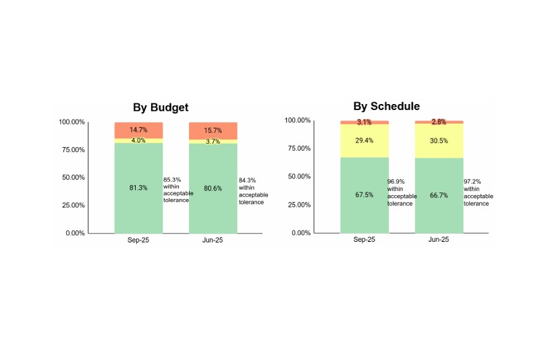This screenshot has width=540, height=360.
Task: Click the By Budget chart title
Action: click(x=160, y=107)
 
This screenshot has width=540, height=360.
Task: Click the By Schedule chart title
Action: click(x=386, y=106)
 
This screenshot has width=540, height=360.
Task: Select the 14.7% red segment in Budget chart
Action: click(x=138, y=130)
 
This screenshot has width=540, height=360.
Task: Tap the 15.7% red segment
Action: click(x=213, y=130)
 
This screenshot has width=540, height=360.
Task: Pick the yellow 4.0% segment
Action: click(x=138, y=140)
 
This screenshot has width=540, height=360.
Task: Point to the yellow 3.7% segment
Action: click(x=213, y=141)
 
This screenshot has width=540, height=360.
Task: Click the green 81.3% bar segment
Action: click(x=138, y=188)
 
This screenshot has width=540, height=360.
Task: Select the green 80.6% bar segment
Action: click(x=213, y=188)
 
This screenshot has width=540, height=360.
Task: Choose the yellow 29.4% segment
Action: click(x=364, y=140)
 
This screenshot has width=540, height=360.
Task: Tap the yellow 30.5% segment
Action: click(x=439, y=140)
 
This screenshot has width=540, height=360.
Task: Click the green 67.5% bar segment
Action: click(x=364, y=195)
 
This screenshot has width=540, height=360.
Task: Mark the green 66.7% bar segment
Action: click(x=439, y=195)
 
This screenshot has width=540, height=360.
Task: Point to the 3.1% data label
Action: click(x=364, y=122)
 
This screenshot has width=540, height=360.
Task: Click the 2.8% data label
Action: click(x=439, y=122)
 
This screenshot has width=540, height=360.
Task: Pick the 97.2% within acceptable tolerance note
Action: click(x=478, y=192)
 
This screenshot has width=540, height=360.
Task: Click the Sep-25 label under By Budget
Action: click(x=138, y=240)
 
